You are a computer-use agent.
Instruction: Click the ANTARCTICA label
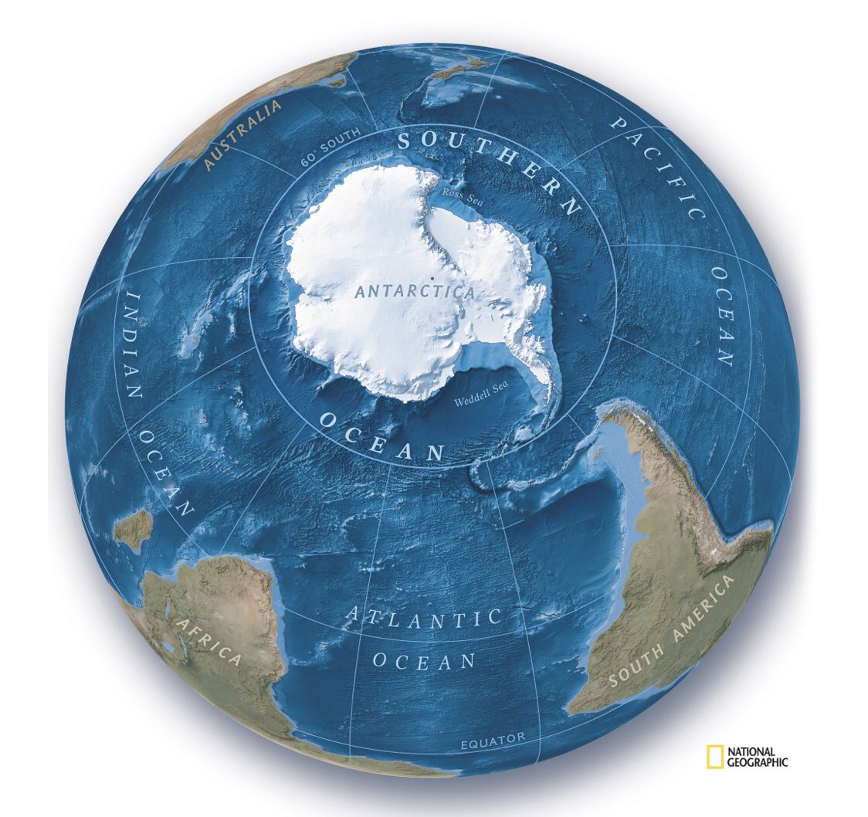click(x=415, y=292)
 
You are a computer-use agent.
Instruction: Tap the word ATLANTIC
click(x=422, y=618)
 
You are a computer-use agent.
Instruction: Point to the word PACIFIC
click(x=658, y=166)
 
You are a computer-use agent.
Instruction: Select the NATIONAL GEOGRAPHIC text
click(x=758, y=758)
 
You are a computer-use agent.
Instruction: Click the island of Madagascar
click(x=134, y=530)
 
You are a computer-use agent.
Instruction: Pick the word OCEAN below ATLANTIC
click(x=424, y=661)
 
